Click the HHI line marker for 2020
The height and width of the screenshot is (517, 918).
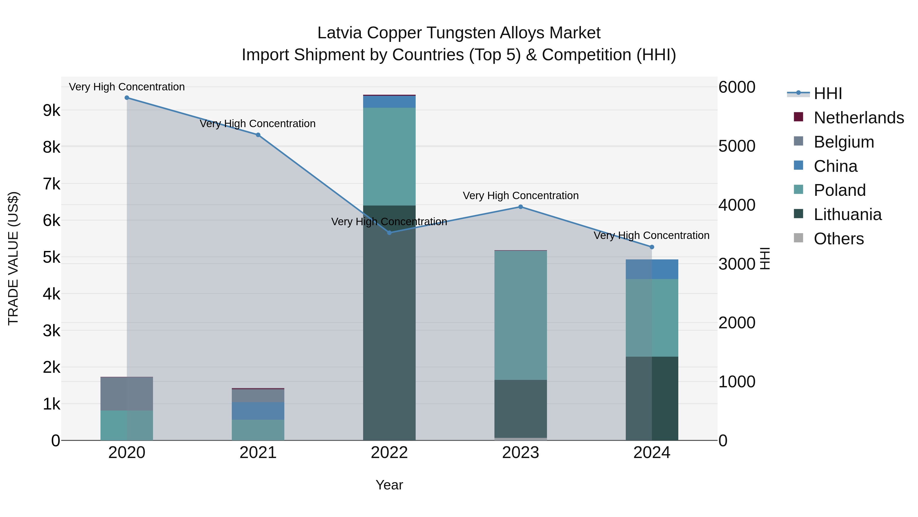127,98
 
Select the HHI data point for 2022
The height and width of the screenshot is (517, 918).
389,233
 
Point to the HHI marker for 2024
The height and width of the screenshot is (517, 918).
652,247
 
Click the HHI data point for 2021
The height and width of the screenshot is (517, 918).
258,135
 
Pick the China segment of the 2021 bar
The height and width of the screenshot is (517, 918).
258,411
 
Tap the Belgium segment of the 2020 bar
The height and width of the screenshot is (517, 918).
127,393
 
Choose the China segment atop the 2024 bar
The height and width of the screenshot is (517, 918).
652,269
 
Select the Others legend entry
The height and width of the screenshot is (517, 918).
838,239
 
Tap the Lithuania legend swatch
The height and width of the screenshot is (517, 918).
799,214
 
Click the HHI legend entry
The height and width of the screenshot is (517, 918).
827,93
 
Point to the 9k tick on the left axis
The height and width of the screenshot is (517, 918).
51,111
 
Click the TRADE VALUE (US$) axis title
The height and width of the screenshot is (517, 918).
13,258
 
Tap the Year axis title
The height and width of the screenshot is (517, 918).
389,485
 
